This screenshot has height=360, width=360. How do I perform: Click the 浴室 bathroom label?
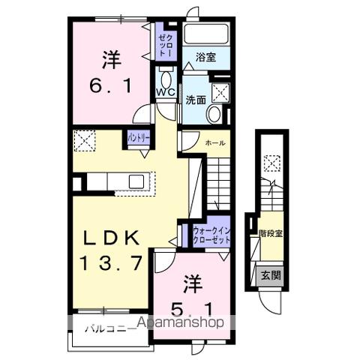[x=205, y=57]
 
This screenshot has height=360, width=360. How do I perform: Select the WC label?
[x=165, y=92]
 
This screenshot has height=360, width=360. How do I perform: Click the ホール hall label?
[x=216, y=141]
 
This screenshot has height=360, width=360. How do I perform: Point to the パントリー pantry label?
[x=137, y=138]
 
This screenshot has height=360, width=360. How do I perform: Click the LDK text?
[x=111, y=239]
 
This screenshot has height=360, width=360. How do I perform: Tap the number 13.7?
[x=111, y=263]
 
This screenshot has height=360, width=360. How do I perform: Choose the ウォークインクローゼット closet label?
[x=211, y=234]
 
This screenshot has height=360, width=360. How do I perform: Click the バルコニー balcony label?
[x=105, y=328]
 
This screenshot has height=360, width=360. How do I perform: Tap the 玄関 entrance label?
[x=271, y=275]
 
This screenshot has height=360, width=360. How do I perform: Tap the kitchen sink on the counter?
[x=136, y=181]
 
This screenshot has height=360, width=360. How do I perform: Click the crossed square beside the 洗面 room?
[x=220, y=91]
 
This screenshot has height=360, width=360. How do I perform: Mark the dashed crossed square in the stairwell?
[x=271, y=160]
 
